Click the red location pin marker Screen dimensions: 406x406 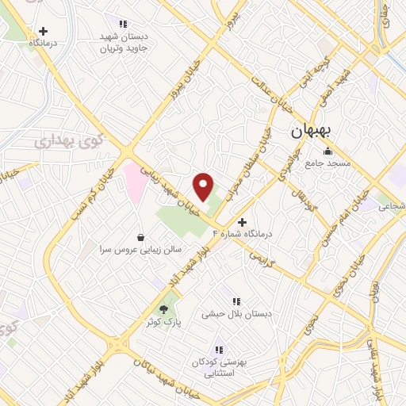(204, 186)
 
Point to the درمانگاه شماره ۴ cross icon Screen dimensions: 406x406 (242, 221)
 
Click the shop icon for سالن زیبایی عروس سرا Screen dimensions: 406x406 (140, 236)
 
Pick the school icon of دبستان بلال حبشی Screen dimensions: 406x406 (236, 301)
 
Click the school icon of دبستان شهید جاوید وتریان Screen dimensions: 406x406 (123, 24)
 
